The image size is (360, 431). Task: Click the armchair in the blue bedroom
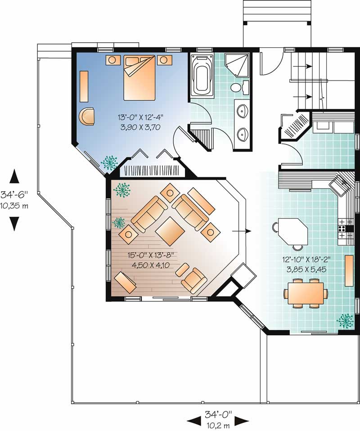(x=87, y=116)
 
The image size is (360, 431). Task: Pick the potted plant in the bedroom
(x=109, y=162)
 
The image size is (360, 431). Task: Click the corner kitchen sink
(x=340, y=185)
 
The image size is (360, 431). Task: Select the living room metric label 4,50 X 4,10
(x=150, y=265)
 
